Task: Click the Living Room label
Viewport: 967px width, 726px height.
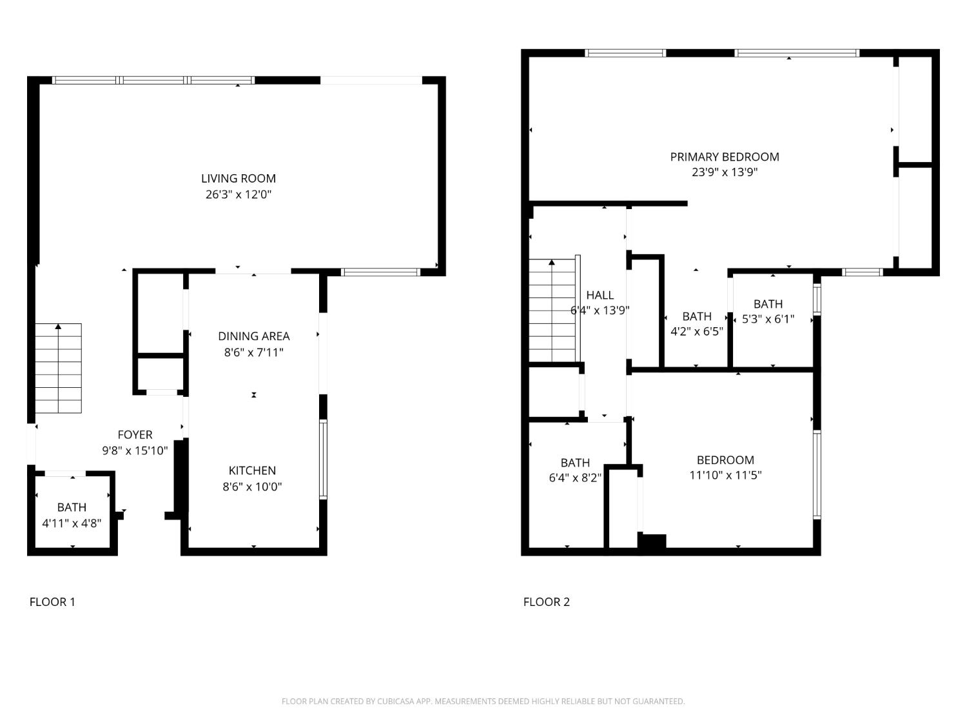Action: tap(238, 179)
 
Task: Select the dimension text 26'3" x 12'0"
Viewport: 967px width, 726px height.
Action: tap(238, 194)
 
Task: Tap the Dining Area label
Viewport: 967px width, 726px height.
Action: tap(253, 336)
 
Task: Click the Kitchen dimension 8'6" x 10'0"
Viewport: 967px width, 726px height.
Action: tap(252, 487)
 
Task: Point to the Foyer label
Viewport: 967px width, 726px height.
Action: tap(135, 435)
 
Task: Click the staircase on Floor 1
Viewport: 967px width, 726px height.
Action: tap(58, 368)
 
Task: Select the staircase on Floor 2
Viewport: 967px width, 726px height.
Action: tap(552, 310)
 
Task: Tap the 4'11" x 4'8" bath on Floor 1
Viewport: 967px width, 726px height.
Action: tap(72, 515)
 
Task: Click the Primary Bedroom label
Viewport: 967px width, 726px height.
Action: tap(724, 157)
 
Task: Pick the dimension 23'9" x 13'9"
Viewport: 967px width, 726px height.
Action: tap(724, 172)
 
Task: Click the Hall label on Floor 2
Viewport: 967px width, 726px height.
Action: tap(600, 295)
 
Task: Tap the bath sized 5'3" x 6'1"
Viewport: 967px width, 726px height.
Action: tap(768, 311)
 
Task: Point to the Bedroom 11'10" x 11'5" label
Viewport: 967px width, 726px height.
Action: tap(725, 460)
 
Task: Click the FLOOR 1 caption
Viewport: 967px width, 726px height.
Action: tap(52, 602)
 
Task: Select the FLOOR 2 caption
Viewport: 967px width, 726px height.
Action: tap(546, 602)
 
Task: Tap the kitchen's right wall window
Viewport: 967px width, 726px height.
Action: tap(323, 459)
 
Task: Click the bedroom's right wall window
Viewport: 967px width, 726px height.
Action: tap(817, 475)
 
